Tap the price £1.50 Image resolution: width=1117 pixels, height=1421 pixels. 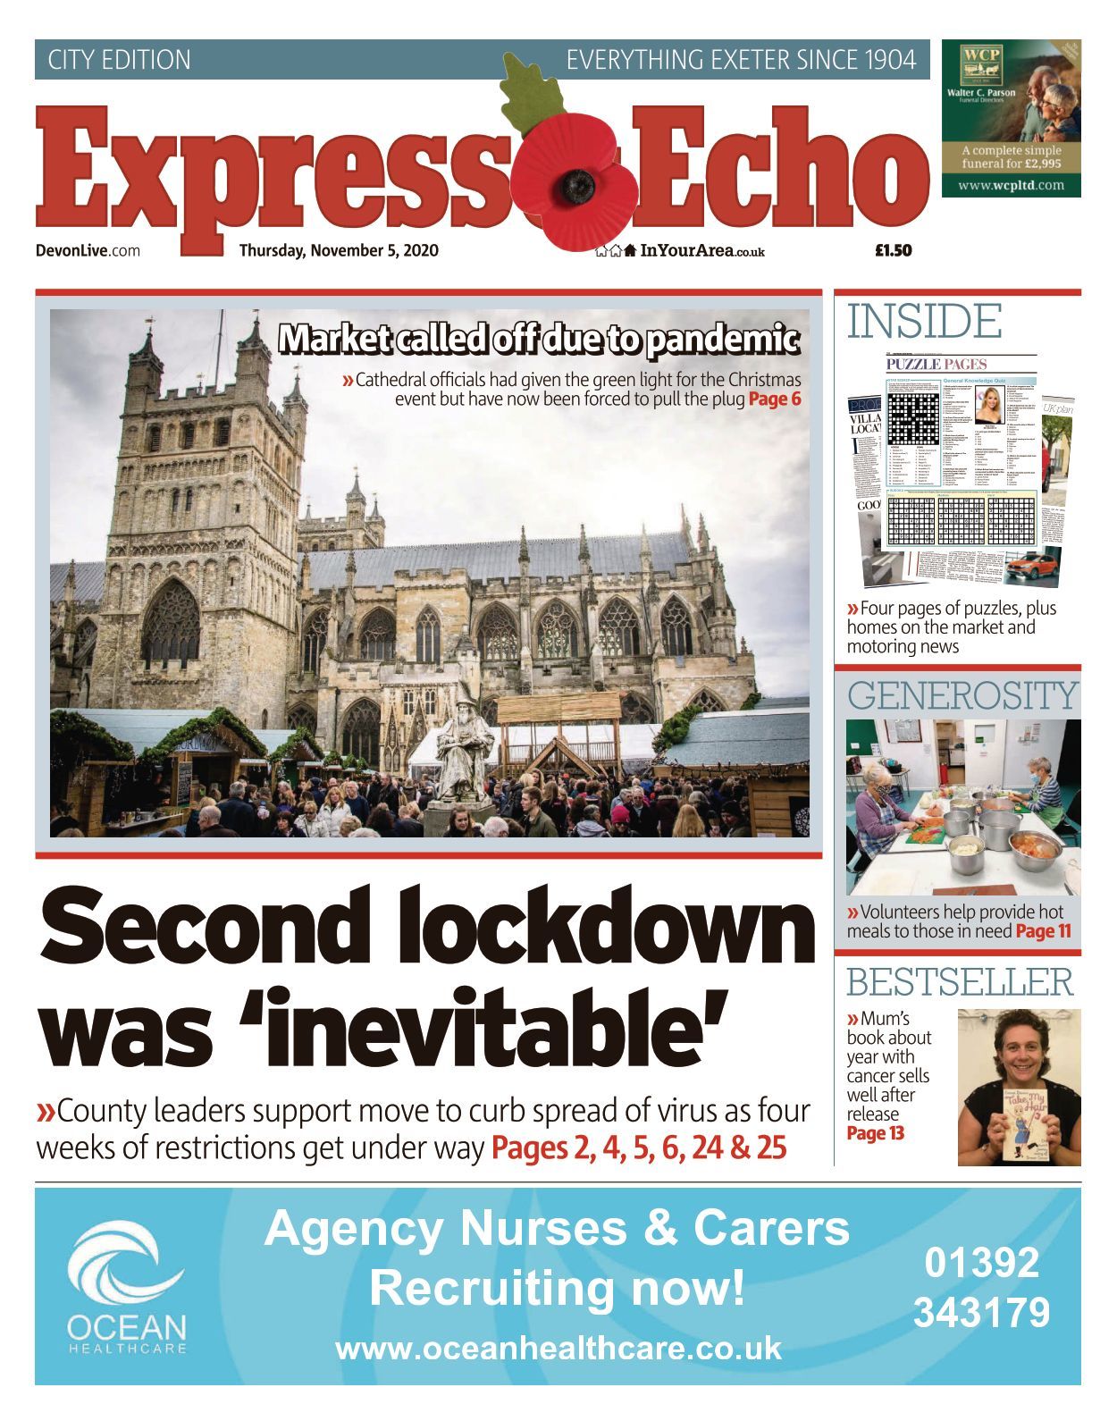click(x=893, y=250)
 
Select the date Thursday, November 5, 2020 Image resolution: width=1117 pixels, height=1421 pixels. click(x=339, y=250)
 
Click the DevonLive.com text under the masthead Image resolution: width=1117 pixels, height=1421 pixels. click(x=88, y=250)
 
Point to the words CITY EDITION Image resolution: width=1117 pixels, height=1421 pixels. click(x=119, y=60)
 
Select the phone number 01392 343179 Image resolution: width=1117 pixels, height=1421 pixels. click(x=981, y=1288)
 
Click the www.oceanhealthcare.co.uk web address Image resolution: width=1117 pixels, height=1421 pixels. click(x=558, y=1348)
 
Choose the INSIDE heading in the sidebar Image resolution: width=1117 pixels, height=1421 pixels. click(x=924, y=322)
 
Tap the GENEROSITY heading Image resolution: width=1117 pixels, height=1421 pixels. click(x=962, y=695)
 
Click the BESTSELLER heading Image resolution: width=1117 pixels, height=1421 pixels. click(x=960, y=982)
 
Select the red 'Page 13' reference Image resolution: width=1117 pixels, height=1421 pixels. click(x=875, y=1134)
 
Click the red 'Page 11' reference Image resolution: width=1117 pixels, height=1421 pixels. click(x=1043, y=931)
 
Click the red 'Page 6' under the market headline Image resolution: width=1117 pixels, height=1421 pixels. click(x=774, y=399)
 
